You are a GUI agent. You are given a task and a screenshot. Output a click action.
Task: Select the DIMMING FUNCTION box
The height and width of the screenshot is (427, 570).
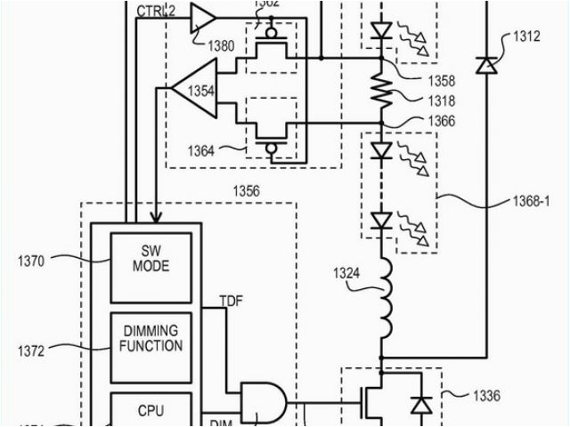(151, 339)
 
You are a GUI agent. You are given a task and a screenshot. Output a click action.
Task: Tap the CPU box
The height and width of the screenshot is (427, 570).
(151, 411)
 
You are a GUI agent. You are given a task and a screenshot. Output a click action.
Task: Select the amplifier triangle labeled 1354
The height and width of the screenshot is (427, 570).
(197, 89)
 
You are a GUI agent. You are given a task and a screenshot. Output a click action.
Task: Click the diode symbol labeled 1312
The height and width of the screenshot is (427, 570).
(486, 64)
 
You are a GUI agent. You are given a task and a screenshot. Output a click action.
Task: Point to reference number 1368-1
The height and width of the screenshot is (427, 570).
(532, 202)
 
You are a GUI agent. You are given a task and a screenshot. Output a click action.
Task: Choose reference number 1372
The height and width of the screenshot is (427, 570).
(31, 351)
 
